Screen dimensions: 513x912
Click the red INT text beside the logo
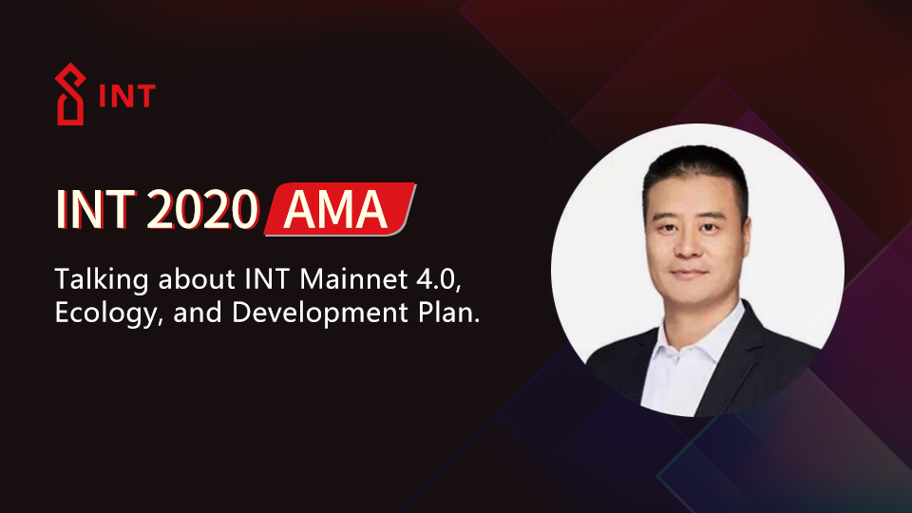[126, 97]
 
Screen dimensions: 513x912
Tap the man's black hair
[692, 171]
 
